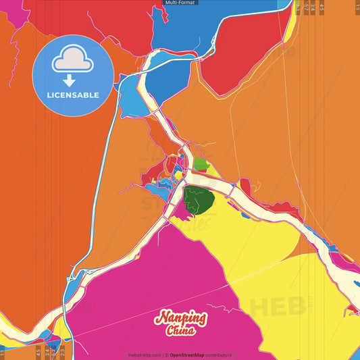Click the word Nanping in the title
coord(181,317)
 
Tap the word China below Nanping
coord(181,331)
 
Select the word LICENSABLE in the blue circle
coord(74,95)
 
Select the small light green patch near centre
coord(201,163)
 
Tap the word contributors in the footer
coord(220,355)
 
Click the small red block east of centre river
coord(245,186)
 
